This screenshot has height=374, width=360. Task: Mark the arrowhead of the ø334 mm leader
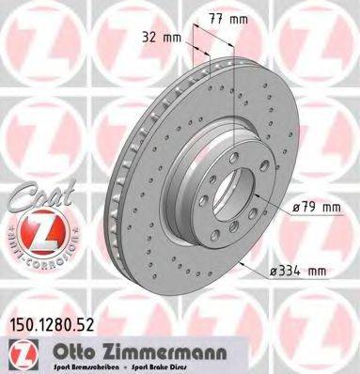coord(243,262)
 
